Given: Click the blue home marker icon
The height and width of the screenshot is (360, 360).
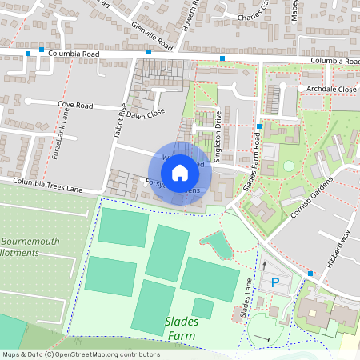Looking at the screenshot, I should click(x=180, y=172).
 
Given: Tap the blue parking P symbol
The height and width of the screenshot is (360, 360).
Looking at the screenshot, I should click(x=275, y=282).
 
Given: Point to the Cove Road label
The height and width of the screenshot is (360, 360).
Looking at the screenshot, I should click(x=74, y=105).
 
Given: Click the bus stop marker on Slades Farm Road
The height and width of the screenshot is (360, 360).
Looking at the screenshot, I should click(x=259, y=127).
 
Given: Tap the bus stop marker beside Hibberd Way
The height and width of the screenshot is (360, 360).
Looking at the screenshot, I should click(x=310, y=274).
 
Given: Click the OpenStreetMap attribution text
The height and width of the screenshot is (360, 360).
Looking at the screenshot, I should click(x=70, y=354).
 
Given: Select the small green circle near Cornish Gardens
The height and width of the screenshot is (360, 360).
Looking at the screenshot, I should click(x=288, y=166).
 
